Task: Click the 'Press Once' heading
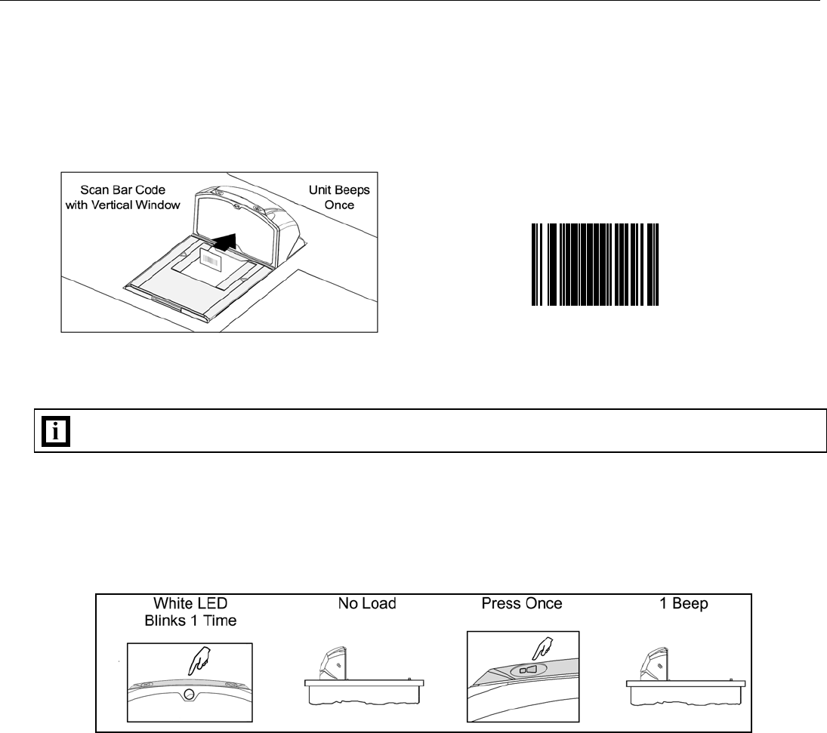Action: tap(516, 605)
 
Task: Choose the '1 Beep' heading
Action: tap(683, 605)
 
